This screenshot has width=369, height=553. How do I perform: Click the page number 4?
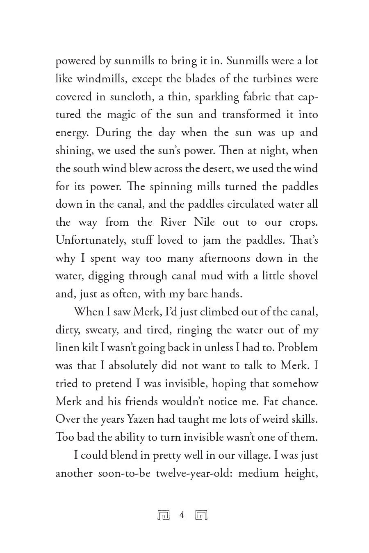182,515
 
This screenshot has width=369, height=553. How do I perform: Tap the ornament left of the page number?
164,515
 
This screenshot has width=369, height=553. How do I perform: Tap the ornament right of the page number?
201,515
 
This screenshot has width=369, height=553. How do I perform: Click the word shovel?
303,276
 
